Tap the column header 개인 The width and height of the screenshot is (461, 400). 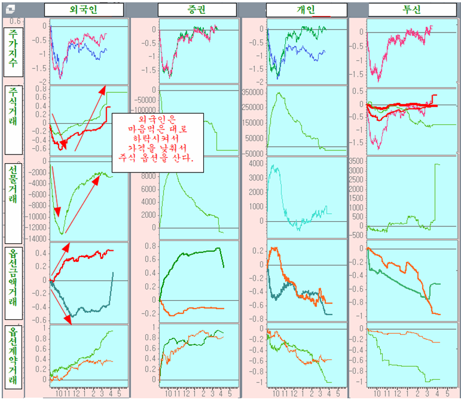pyautogui.click(x=306, y=10)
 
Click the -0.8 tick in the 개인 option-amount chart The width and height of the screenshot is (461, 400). pyautogui.click(x=256, y=319)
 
